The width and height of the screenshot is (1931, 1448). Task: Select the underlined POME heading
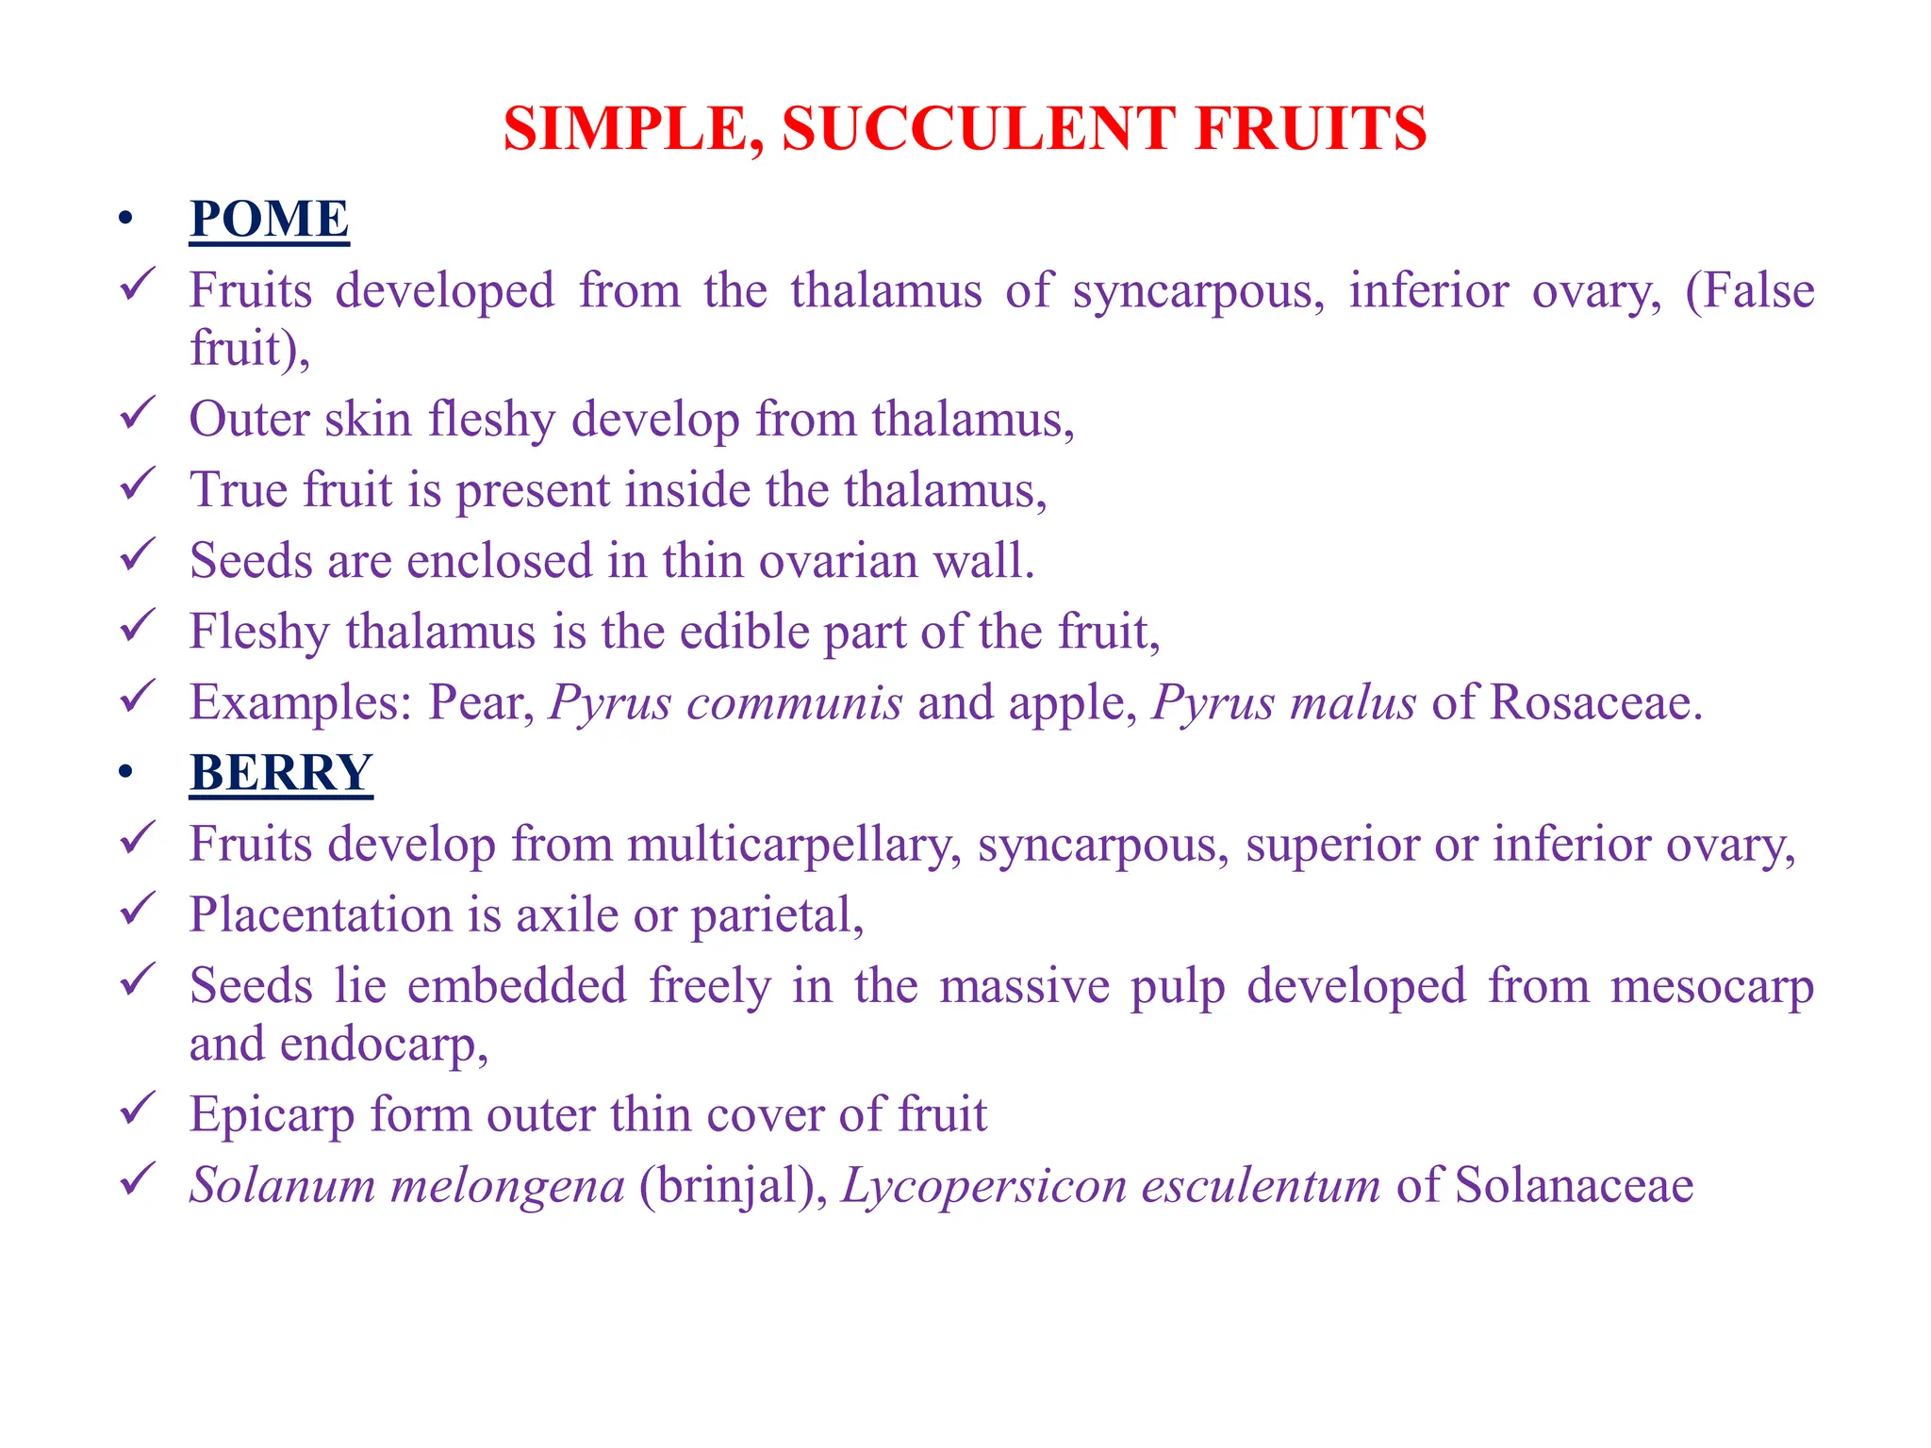(269, 219)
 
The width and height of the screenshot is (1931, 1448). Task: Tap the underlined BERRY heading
(281, 772)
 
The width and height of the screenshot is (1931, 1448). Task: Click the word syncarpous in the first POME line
(1198, 291)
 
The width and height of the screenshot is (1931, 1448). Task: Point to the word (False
(1749, 289)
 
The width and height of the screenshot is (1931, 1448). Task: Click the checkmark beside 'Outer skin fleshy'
(138, 414)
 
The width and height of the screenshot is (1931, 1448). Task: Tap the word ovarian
(838, 561)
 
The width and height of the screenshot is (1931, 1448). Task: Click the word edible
(744, 632)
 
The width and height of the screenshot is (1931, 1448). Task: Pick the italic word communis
(794, 702)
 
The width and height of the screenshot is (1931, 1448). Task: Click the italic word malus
(1352, 702)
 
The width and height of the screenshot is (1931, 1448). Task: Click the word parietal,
(777, 915)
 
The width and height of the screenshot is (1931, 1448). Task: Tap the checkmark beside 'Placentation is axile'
(138, 910)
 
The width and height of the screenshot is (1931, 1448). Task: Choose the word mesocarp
(1711, 986)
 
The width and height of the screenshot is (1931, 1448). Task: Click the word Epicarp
(272, 1115)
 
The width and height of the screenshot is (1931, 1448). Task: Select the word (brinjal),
(733, 1185)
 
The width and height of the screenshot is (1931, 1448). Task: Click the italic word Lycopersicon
(983, 1186)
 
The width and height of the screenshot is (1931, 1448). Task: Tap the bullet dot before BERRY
(125, 773)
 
